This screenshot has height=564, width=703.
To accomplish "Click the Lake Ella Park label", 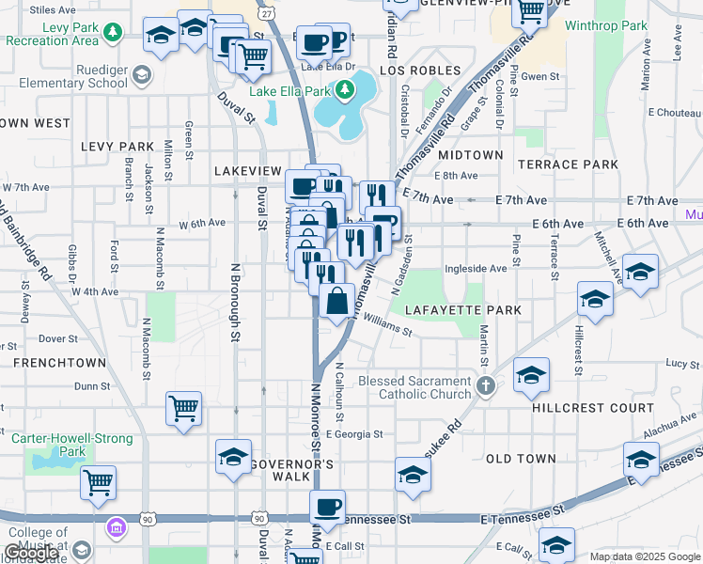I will click(x=289, y=91).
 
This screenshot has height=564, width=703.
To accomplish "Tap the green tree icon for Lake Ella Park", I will click(x=346, y=91).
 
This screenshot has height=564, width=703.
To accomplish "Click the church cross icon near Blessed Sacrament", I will click(x=485, y=386).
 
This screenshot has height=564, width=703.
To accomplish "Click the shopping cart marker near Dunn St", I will click(x=183, y=409).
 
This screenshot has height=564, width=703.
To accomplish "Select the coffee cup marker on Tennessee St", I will click(x=328, y=508).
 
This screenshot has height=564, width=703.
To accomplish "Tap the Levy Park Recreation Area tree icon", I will click(x=113, y=33).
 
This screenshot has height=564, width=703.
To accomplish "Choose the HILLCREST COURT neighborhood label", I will click(x=592, y=408).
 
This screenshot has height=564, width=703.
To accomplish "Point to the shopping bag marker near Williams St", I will click(x=337, y=303).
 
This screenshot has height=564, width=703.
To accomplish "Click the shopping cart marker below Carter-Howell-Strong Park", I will click(x=98, y=483).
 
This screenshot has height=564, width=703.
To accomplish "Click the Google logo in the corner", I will click(x=32, y=554).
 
